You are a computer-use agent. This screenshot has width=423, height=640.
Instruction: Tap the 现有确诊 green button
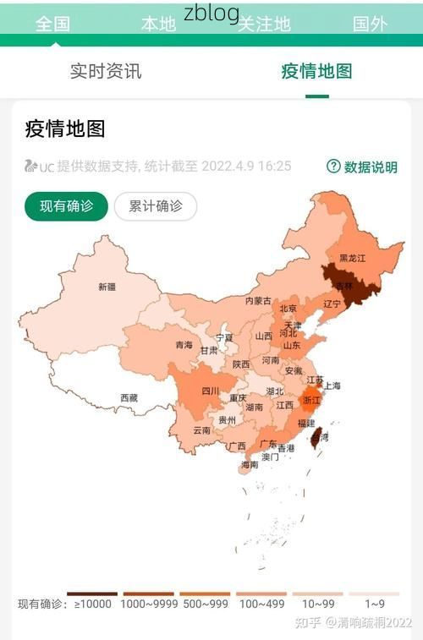(66, 206)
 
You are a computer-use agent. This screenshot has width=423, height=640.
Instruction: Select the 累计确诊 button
(156, 206)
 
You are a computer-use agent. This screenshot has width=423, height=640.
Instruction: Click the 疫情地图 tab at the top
(316, 72)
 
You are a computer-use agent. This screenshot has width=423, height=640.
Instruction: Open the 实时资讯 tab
(106, 72)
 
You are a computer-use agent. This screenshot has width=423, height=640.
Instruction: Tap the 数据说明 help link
(362, 167)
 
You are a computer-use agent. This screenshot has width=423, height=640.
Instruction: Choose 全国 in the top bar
(52, 24)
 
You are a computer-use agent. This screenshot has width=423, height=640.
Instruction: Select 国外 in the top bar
(370, 24)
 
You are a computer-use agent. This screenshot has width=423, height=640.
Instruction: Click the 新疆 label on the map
(107, 287)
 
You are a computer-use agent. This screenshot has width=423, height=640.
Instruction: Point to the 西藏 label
(129, 397)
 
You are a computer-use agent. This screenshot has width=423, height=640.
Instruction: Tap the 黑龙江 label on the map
(352, 258)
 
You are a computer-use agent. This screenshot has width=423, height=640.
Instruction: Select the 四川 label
(211, 391)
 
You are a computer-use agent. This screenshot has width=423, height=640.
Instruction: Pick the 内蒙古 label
(259, 301)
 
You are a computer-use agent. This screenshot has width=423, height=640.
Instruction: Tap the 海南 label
(250, 464)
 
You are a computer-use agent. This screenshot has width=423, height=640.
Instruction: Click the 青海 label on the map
(184, 345)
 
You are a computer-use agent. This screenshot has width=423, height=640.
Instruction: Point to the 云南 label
(202, 430)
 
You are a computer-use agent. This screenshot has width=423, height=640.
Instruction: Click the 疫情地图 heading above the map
(65, 129)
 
